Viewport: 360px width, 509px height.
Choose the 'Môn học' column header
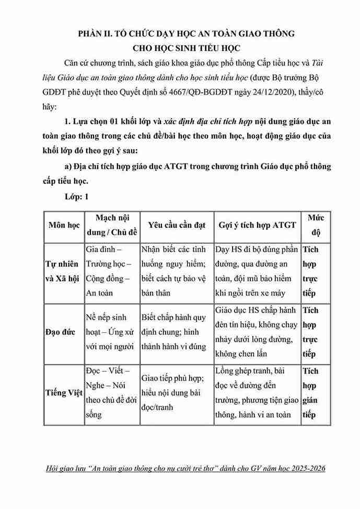tap(63, 225)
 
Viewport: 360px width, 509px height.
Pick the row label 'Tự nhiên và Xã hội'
tap(63, 271)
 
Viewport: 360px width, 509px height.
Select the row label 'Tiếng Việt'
tap(63, 394)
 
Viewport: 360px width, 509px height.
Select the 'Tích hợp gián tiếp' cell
tap(312, 394)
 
